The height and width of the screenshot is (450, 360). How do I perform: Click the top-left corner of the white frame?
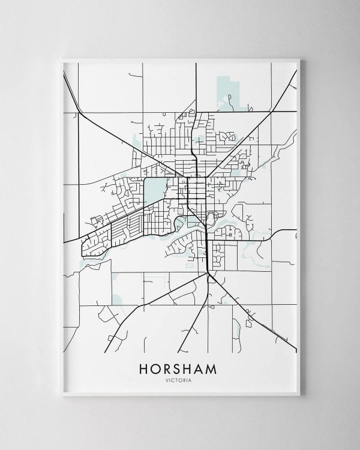[62, 59]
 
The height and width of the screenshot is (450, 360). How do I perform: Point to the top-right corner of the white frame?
[299, 59]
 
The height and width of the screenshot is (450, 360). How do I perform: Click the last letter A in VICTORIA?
[191, 379]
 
